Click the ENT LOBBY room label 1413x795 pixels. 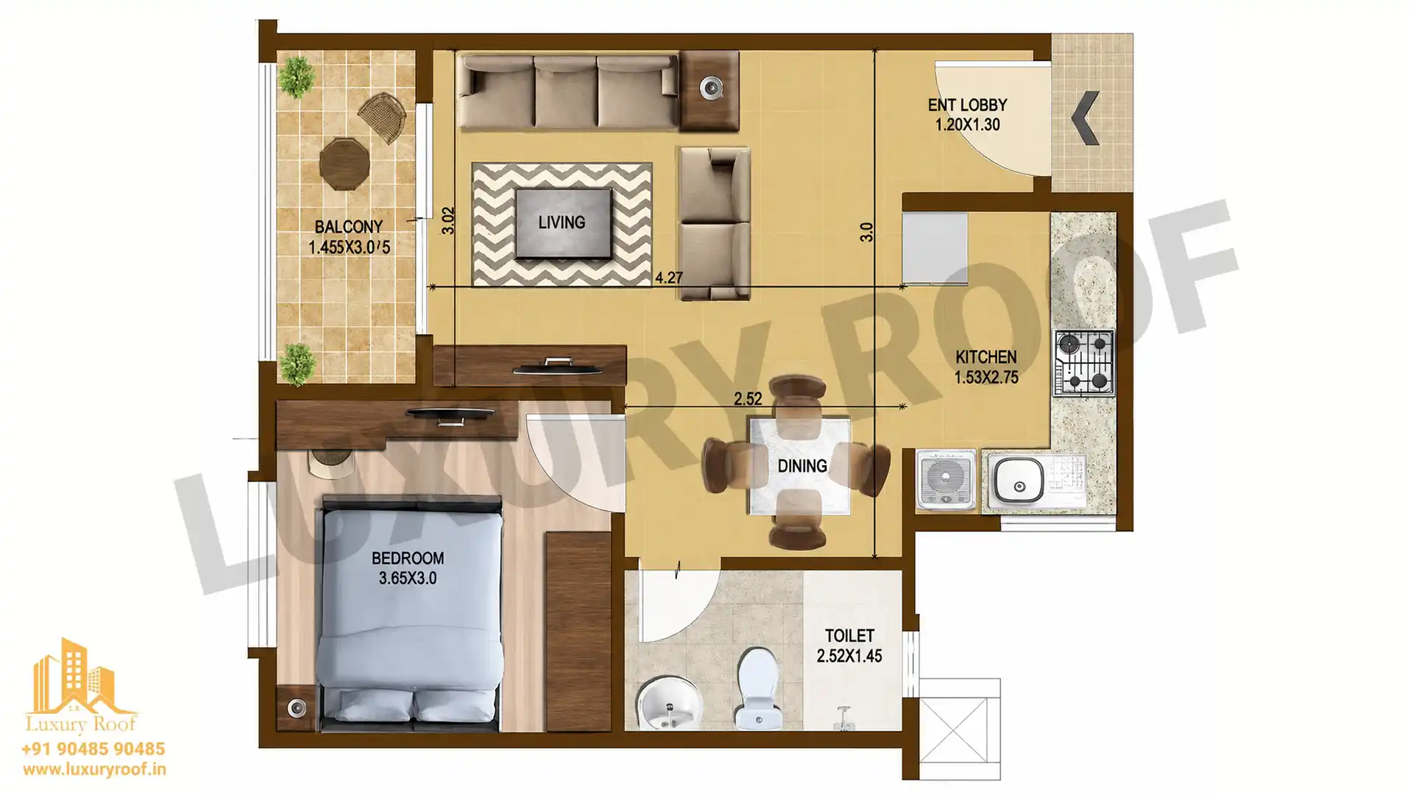pos(967,115)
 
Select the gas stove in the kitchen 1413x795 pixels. pos(1084,362)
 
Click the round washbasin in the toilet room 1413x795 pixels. pos(669,704)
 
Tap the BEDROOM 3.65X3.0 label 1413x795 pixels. pos(408,568)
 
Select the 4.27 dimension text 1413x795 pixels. pos(668,278)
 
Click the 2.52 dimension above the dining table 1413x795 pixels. pos(748,398)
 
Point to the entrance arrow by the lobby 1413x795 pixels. pos(1085,118)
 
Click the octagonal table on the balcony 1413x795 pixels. pos(344,163)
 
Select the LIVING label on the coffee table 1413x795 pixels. pos(562,222)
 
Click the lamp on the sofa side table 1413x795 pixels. pos(711,88)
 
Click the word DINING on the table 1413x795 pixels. pos(802,466)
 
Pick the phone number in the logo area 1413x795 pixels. pos(93,749)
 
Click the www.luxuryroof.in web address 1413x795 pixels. pos(94,769)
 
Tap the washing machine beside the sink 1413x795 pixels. pos(946,479)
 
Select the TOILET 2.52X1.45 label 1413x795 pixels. pos(849,646)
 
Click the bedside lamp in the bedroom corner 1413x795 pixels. pos(297,708)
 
